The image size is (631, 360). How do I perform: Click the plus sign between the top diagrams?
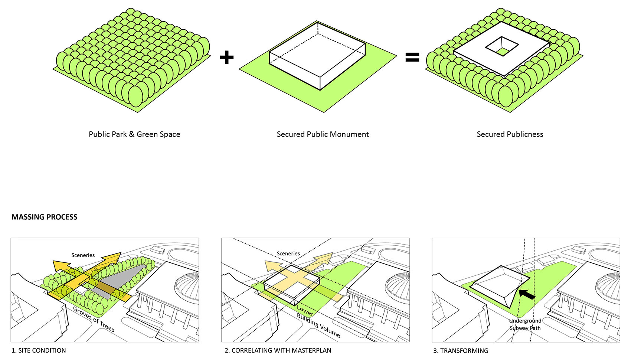click(226, 58)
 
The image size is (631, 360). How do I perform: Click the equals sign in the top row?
click(412, 57)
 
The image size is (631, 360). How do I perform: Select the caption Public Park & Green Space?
click(134, 134)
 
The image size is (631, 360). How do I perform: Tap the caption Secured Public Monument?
click(323, 134)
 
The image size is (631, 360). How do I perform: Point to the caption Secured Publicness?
click(510, 134)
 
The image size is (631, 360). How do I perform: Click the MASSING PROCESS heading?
click(45, 217)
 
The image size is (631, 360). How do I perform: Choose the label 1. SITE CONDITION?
click(39, 350)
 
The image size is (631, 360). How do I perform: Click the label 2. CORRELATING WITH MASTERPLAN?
click(278, 350)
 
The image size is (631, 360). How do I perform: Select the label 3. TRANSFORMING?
click(461, 350)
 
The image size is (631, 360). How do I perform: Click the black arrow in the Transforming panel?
click(527, 295)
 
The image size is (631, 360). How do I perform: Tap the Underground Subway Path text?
click(525, 324)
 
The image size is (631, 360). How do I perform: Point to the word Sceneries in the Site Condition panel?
click(83, 255)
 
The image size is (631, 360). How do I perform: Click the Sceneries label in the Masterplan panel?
click(288, 253)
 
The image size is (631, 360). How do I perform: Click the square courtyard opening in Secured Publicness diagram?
click(502, 48)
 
